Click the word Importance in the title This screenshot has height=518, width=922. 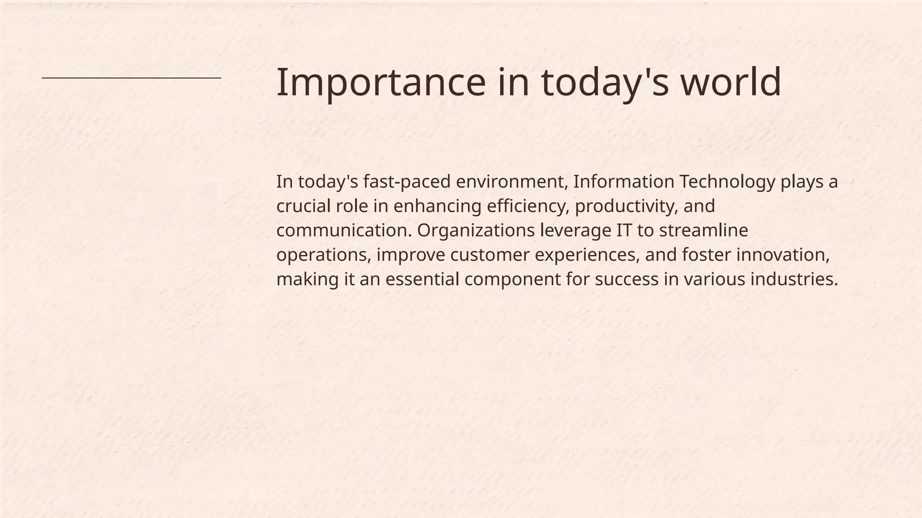381,82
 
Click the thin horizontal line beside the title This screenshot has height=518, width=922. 131,78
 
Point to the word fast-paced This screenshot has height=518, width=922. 407,182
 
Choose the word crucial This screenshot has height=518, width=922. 303,206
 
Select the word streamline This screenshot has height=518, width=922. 703,231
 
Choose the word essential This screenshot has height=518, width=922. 422,279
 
